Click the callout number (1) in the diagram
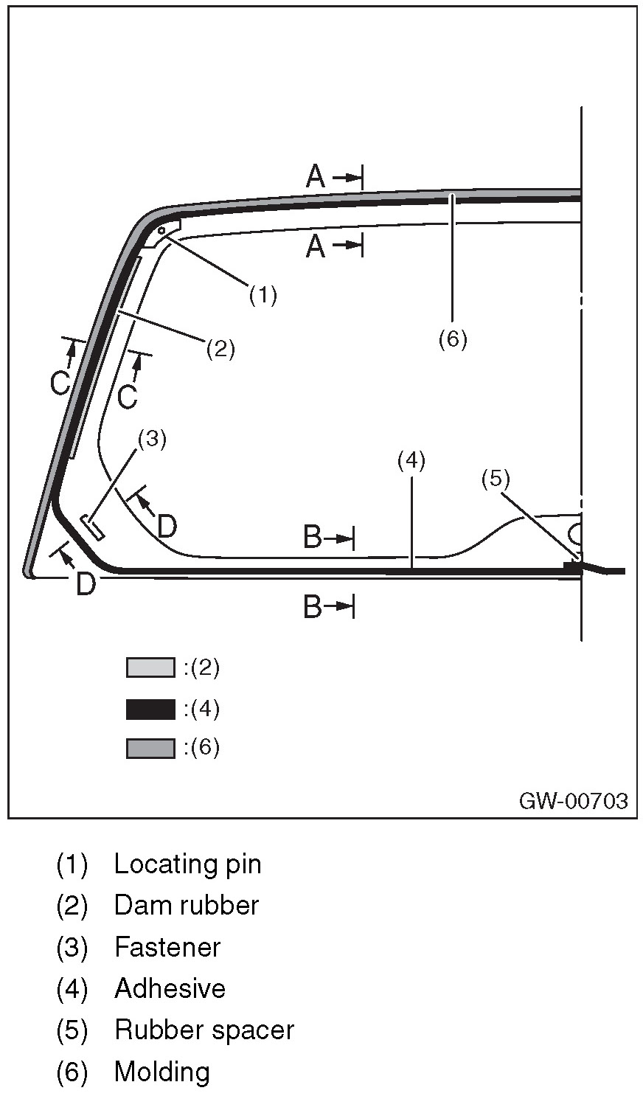[x=263, y=295]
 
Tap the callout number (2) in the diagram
[x=220, y=348]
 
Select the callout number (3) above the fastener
[x=152, y=439]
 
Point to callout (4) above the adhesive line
[x=411, y=461]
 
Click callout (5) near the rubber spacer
[x=496, y=479]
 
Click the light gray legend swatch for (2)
[x=150, y=667]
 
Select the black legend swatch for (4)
[x=150, y=709]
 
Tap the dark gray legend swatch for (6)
[x=150, y=749]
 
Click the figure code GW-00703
[x=574, y=801]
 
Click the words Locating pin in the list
[x=187, y=864]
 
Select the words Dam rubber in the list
[x=186, y=905]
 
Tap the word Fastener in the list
[x=167, y=947]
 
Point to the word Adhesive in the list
[x=170, y=988]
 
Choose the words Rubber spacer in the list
[x=204, y=1030]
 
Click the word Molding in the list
[x=161, y=1072]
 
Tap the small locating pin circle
[x=161, y=230]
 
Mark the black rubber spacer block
[x=573, y=568]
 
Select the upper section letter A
[x=316, y=176]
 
